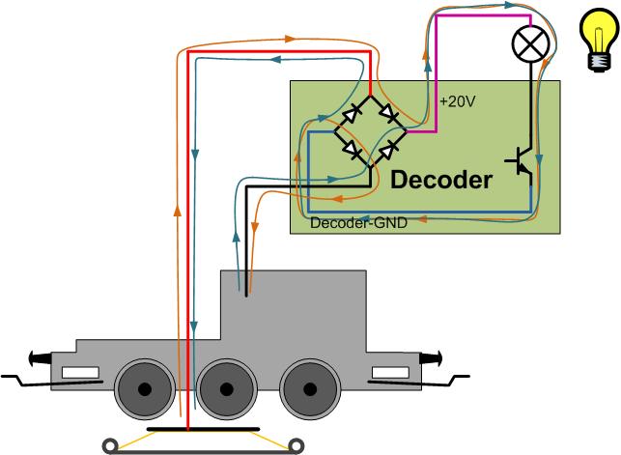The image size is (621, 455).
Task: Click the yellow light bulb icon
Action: (596, 42)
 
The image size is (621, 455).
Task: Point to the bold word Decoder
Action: (440, 180)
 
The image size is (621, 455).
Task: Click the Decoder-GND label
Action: (360, 223)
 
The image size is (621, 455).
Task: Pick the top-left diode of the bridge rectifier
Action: (354, 114)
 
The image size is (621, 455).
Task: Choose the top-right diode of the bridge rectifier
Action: (389, 114)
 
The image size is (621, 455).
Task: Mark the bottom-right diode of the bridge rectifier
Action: (389, 150)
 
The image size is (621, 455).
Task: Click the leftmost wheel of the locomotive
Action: (145, 389)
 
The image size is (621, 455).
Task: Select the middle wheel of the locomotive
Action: (227, 389)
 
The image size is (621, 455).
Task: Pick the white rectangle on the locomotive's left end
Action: (80, 373)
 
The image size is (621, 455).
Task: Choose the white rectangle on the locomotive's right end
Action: (392, 373)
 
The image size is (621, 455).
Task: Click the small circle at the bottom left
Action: (113, 445)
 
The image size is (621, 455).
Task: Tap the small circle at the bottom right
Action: (294, 445)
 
